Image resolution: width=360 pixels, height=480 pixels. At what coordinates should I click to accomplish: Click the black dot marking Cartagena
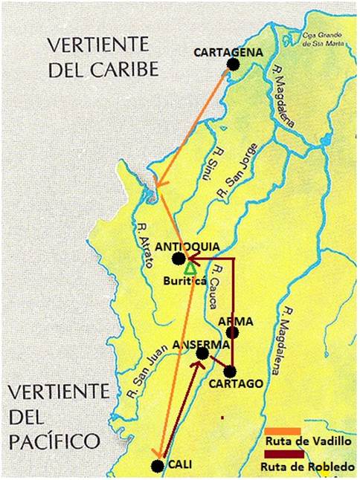point(233,65)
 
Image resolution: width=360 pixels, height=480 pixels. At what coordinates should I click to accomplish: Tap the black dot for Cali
point(157,466)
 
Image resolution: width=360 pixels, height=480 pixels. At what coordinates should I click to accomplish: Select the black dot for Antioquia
point(178,259)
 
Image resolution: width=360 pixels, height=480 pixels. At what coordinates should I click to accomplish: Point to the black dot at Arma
point(232,332)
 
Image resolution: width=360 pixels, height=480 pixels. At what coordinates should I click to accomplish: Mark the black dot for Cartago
point(230,371)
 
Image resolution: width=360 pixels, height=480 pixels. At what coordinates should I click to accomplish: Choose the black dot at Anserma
point(202,354)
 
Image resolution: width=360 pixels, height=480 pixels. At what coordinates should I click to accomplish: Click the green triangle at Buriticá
point(190,267)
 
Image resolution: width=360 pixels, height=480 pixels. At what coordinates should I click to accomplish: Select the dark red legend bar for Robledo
point(283,455)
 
